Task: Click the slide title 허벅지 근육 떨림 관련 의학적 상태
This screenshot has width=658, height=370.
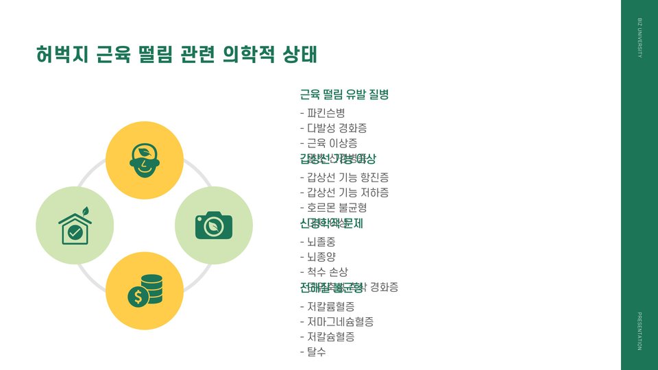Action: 177,55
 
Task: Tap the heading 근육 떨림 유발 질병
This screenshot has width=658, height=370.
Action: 345,94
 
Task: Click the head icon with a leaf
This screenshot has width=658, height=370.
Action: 145,160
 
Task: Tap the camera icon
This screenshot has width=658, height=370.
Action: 214,225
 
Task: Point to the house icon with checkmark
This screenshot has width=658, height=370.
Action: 75,225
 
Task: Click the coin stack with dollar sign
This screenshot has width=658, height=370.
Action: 145,291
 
